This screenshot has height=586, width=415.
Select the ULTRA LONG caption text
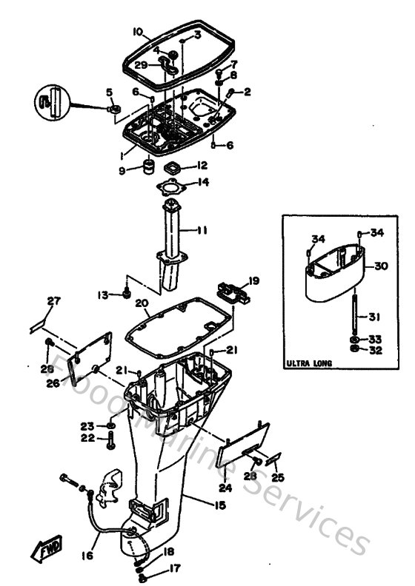click(x=309, y=363)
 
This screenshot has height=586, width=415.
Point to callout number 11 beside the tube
click(x=202, y=231)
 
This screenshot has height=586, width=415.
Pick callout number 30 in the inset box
click(x=381, y=266)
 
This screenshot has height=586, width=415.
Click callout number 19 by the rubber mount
click(x=253, y=280)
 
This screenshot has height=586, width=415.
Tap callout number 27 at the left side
click(x=53, y=300)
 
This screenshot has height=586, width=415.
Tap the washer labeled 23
click(x=110, y=427)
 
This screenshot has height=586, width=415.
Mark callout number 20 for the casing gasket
click(x=142, y=303)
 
